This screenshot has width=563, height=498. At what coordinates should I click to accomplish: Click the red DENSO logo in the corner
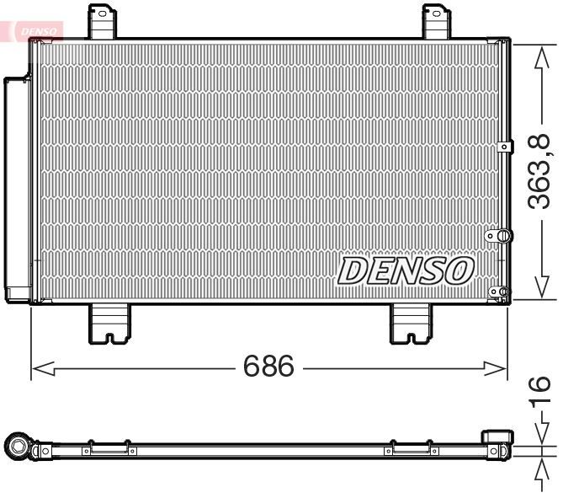34,30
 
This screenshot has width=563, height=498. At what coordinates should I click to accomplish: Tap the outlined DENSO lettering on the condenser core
406,270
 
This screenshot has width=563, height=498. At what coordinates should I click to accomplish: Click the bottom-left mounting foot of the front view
109,322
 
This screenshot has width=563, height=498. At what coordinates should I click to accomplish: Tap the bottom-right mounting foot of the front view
411,322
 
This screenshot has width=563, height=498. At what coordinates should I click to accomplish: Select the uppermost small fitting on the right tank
503,147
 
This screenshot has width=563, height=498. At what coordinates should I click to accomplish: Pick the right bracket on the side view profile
411,450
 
